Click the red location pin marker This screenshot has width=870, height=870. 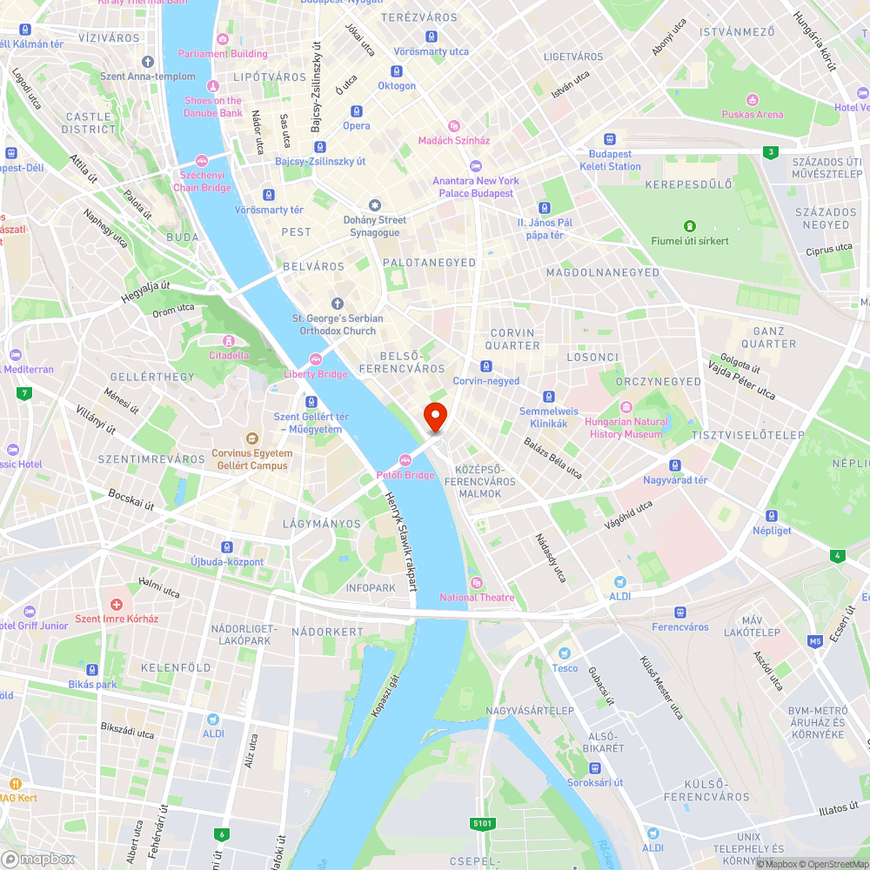(434, 417)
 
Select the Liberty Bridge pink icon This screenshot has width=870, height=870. (316, 360)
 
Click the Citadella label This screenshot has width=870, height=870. (229, 355)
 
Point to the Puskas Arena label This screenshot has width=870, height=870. (752, 114)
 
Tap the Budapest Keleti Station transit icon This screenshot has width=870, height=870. (610, 139)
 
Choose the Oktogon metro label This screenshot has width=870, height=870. (397, 86)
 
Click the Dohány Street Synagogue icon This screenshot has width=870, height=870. (375, 205)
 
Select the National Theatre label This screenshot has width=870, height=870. (477, 597)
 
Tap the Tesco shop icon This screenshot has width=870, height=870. (565, 653)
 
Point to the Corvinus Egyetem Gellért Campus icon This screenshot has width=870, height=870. (251, 438)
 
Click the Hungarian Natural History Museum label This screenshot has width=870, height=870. (626, 427)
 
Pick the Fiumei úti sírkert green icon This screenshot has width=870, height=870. (690, 226)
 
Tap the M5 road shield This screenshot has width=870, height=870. (814, 642)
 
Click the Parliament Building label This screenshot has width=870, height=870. (223, 53)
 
